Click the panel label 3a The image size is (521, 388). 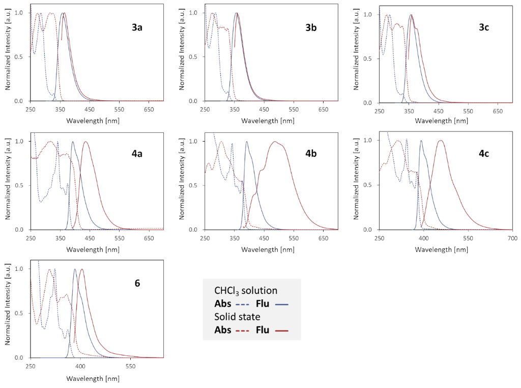(137, 27)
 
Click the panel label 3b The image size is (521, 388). (311, 27)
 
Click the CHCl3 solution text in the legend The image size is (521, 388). (246, 291)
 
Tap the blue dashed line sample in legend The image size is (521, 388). (242, 304)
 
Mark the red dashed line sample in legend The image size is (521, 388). (242, 330)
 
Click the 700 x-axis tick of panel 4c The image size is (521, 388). (512, 238)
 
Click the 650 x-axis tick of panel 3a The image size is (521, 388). (149, 109)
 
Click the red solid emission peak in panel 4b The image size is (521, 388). (275, 142)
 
